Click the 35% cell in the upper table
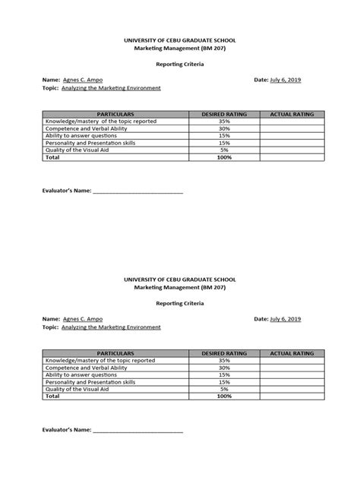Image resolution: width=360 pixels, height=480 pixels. (224, 122)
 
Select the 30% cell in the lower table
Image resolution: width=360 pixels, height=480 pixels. (224, 368)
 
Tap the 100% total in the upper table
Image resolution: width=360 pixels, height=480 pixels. (224, 157)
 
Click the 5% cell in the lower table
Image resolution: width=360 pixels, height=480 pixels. (224, 389)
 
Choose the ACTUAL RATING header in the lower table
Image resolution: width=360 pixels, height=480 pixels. (292, 353)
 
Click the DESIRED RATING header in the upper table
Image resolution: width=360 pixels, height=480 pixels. (224, 114)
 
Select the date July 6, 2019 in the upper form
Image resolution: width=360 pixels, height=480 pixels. (286, 79)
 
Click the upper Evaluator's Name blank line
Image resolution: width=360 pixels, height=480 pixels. (137, 191)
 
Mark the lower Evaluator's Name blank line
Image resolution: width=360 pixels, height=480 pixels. (137, 431)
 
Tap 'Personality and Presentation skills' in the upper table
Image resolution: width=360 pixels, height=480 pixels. (90, 143)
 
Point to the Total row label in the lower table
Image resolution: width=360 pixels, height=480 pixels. (52, 396)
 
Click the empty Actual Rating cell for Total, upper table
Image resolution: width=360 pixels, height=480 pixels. (292, 157)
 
